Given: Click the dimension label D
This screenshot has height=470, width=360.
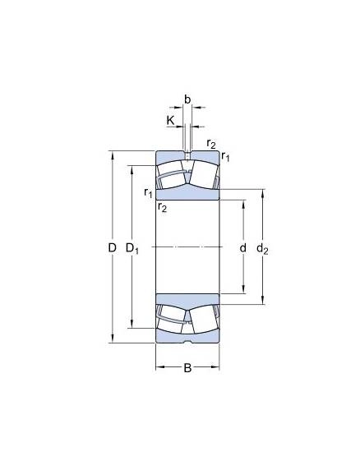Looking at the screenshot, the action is point(112,248).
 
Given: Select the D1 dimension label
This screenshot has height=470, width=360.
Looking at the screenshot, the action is point(132,249).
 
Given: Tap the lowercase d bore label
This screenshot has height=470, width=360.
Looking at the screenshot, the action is point(243,248).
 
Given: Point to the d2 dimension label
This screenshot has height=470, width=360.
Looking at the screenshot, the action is point(262,249).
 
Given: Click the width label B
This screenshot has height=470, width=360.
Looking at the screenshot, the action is point(187,368).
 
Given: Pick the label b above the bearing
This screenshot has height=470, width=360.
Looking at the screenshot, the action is point(187,99).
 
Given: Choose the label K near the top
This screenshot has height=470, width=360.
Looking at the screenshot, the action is point(170,121).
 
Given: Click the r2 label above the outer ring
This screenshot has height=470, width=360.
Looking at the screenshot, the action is point(211,144).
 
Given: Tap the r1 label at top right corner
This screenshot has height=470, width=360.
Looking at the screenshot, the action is point(225,156).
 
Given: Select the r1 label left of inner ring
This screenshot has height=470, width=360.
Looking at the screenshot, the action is point(148,192).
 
